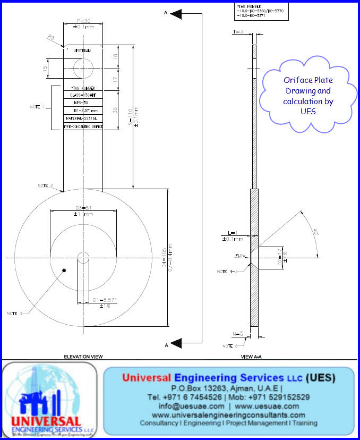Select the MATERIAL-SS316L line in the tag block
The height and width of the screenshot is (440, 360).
coord(82,118)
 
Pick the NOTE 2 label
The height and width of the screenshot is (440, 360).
coord(45,185)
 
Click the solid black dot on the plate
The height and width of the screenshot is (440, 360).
coord(64,270)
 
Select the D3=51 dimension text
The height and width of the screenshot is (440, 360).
coord(83,207)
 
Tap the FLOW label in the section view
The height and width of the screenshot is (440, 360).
coord(242,256)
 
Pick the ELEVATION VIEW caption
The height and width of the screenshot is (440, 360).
coord(83,357)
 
